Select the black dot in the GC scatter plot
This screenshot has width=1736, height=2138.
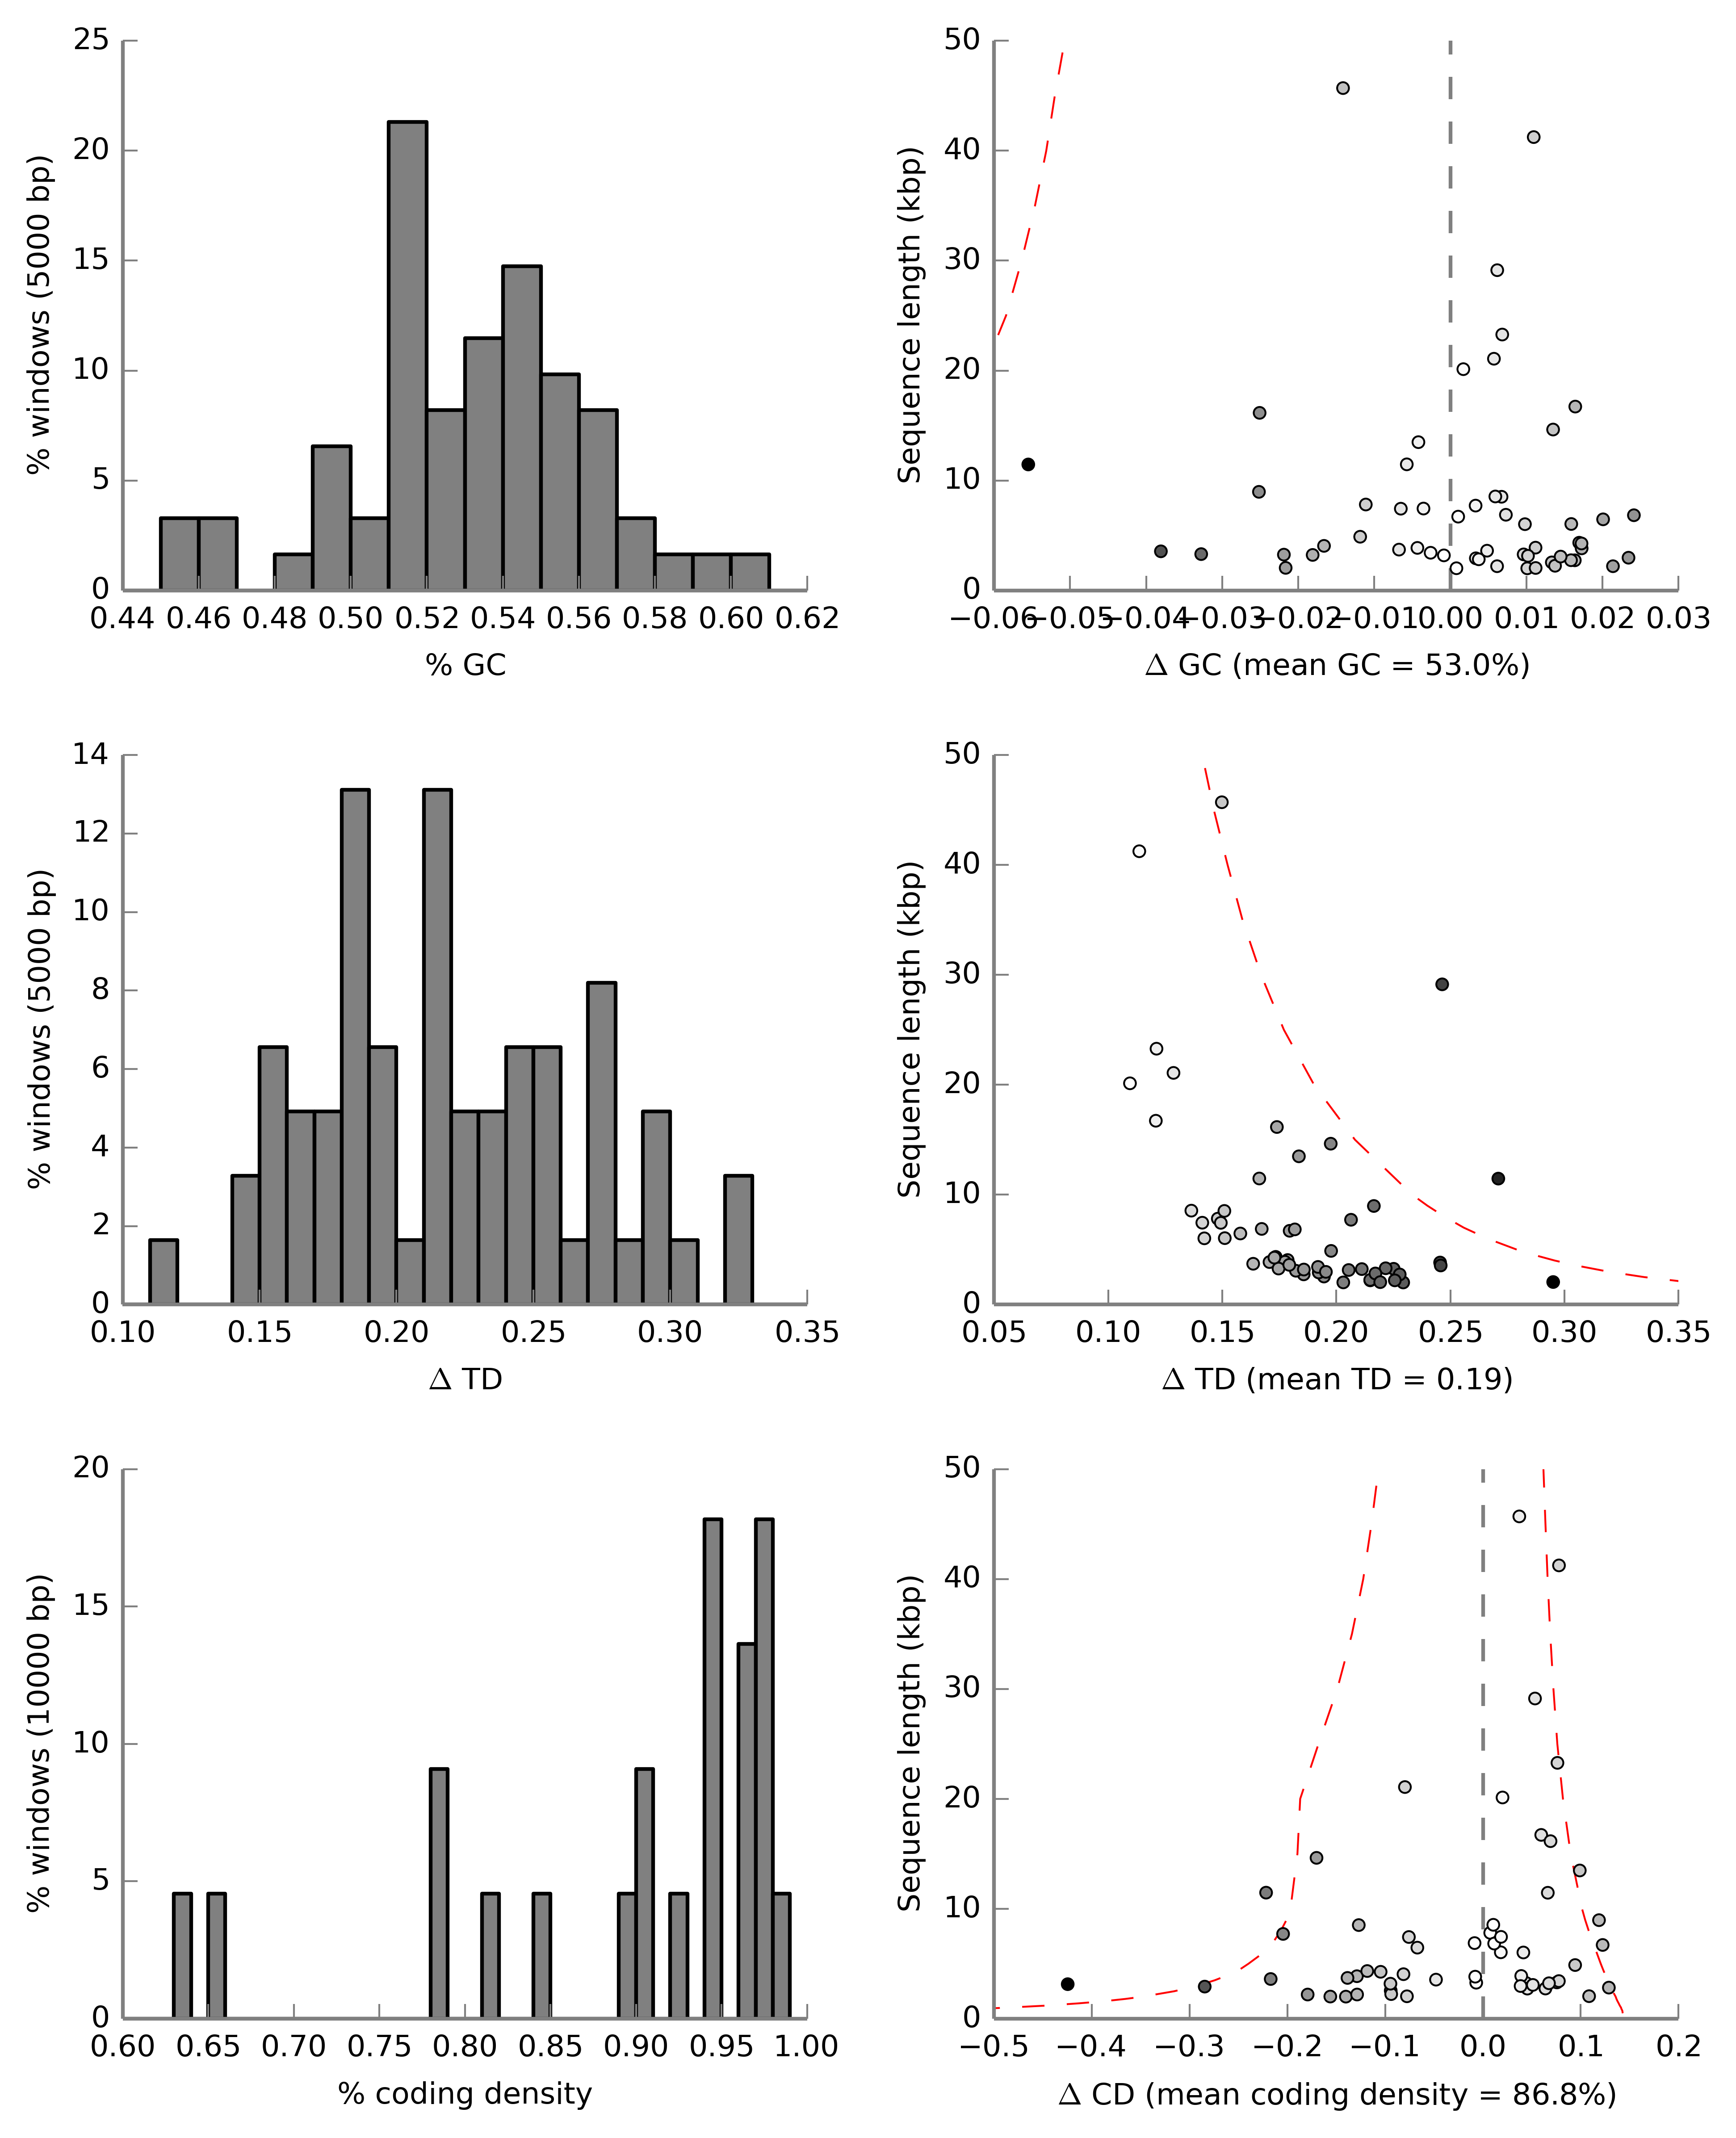[x=1028, y=464]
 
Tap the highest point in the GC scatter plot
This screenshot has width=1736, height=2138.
[x=1343, y=88]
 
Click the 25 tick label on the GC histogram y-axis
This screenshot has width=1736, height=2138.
[x=91, y=40]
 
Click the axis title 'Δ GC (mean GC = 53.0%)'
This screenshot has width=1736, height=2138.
[x=1337, y=665]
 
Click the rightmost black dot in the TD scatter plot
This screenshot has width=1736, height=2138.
[x=1553, y=1282]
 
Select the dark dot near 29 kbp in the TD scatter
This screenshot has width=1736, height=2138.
[x=1442, y=984]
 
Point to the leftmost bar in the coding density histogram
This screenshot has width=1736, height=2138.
[x=182, y=1955]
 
